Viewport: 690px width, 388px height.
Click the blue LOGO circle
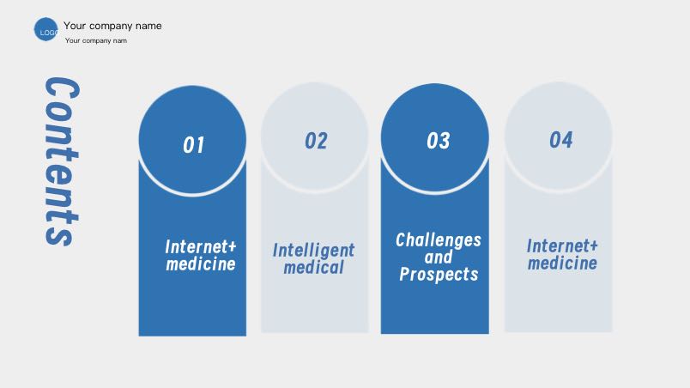[45, 29]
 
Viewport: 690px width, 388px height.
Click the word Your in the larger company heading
[75, 26]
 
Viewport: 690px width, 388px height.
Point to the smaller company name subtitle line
[96, 40]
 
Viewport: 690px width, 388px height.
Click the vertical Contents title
[62, 161]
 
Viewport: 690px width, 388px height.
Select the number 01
[194, 145]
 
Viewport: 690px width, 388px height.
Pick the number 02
[316, 141]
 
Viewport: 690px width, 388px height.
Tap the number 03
[439, 141]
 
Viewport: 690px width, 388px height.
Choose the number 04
[561, 140]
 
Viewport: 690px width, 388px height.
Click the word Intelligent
[313, 251]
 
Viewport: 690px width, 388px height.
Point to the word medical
[313, 267]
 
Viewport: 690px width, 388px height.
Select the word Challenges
[439, 240]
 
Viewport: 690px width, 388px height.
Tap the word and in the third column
[439, 257]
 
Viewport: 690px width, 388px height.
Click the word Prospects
[439, 274]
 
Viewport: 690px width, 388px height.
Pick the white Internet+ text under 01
[201, 246]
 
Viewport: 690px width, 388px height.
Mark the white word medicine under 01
[201, 264]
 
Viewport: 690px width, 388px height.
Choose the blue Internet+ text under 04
[562, 246]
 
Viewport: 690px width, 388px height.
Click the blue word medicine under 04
[562, 263]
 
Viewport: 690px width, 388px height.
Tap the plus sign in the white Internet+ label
[232, 246]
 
